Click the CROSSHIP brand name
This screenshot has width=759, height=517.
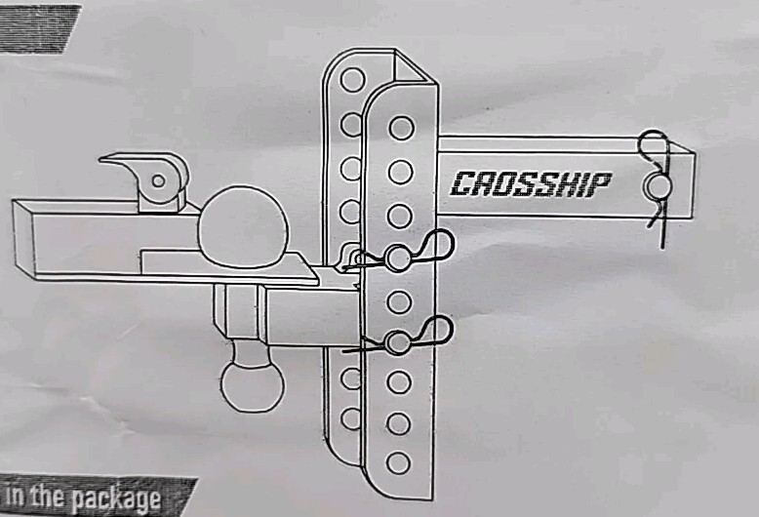(x=531, y=182)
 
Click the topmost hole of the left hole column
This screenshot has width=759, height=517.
(x=352, y=77)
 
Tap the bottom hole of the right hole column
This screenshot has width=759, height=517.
(x=398, y=461)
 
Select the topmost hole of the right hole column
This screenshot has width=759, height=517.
(x=401, y=128)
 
